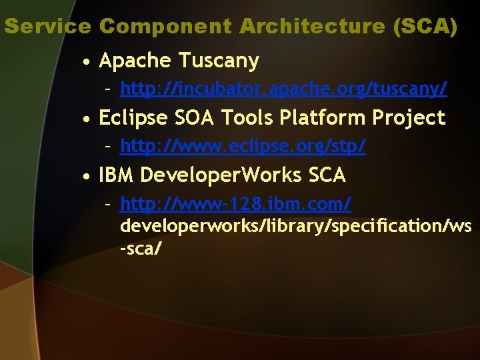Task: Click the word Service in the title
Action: (x=47, y=27)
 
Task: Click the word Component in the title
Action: (x=166, y=27)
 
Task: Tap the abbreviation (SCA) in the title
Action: (x=425, y=27)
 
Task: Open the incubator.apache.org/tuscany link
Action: (x=283, y=88)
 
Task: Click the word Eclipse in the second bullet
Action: (x=132, y=118)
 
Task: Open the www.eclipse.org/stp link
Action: (x=243, y=145)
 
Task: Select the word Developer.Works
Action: (x=221, y=175)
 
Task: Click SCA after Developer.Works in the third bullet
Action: (x=327, y=175)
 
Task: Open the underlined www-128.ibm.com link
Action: (x=235, y=203)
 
